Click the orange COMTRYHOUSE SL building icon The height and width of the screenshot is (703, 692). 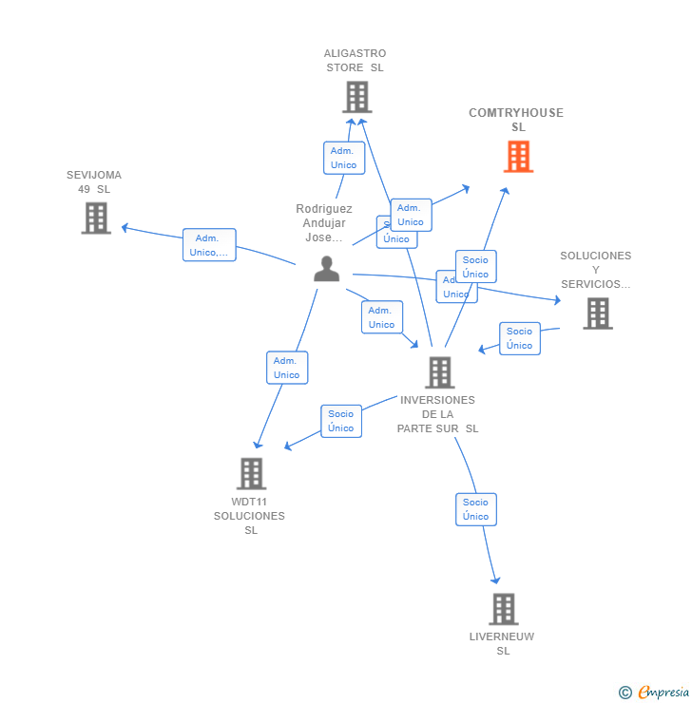pyautogui.click(x=518, y=157)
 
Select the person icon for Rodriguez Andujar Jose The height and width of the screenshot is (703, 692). pyautogui.click(x=326, y=269)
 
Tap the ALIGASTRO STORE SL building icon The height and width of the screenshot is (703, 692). pyautogui.click(x=356, y=97)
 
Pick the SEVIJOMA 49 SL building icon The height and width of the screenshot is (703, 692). pyautogui.click(x=96, y=218)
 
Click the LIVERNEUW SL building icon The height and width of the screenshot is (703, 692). pyautogui.click(x=503, y=609)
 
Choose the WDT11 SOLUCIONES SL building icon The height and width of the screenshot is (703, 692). pyautogui.click(x=251, y=473)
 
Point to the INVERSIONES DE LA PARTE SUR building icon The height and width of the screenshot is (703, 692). pyautogui.click(x=439, y=372)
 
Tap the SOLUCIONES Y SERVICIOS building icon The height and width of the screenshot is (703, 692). pyautogui.click(x=597, y=313)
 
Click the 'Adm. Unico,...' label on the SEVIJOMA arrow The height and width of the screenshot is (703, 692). pyautogui.click(x=209, y=245)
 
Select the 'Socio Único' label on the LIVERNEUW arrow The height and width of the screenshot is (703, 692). pyautogui.click(x=475, y=509)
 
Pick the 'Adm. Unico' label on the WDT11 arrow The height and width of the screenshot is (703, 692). pyautogui.click(x=287, y=368)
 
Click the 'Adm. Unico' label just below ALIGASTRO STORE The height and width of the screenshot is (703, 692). pyautogui.click(x=343, y=158)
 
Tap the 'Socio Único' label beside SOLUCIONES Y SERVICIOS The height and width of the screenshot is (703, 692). pyautogui.click(x=519, y=338)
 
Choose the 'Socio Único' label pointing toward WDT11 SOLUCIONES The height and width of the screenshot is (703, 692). pyautogui.click(x=340, y=421)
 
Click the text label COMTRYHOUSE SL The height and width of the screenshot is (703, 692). pyautogui.click(x=516, y=120)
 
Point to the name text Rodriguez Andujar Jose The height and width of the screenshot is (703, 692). pyautogui.click(x=323, y=223)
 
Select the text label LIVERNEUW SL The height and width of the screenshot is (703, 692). pyautogui.click(x=502, y=643)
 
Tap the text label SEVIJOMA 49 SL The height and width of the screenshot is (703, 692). pyautogui.click(x=94, y=181)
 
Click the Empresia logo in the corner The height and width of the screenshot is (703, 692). pyautogui.click(x=655, y=693)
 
